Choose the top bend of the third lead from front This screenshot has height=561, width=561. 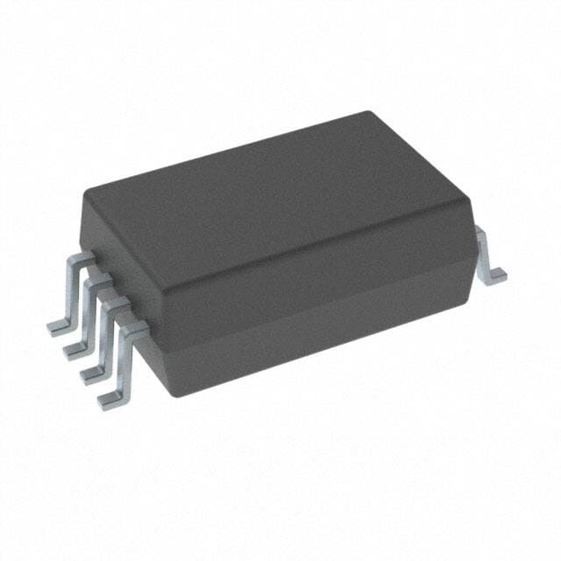coord(99,281)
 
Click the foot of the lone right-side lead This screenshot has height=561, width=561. coord(498,275)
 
